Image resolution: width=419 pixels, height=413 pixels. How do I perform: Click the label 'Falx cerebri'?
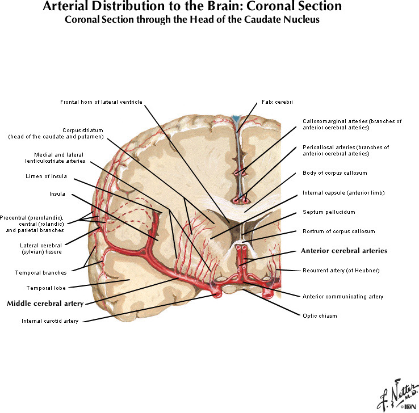pos(276,102)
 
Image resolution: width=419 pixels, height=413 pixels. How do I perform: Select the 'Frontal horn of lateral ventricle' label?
pos(101,102)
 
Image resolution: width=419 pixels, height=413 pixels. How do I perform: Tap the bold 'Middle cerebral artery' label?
pos(45,304)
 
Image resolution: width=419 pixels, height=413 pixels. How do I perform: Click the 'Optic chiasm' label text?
pos(320,315)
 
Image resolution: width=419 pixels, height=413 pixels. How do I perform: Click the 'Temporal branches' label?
pos(41,272)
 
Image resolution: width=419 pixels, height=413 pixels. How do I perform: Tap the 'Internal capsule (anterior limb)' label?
pos(343,192)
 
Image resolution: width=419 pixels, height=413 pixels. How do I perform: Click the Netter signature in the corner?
pos(392,395)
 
